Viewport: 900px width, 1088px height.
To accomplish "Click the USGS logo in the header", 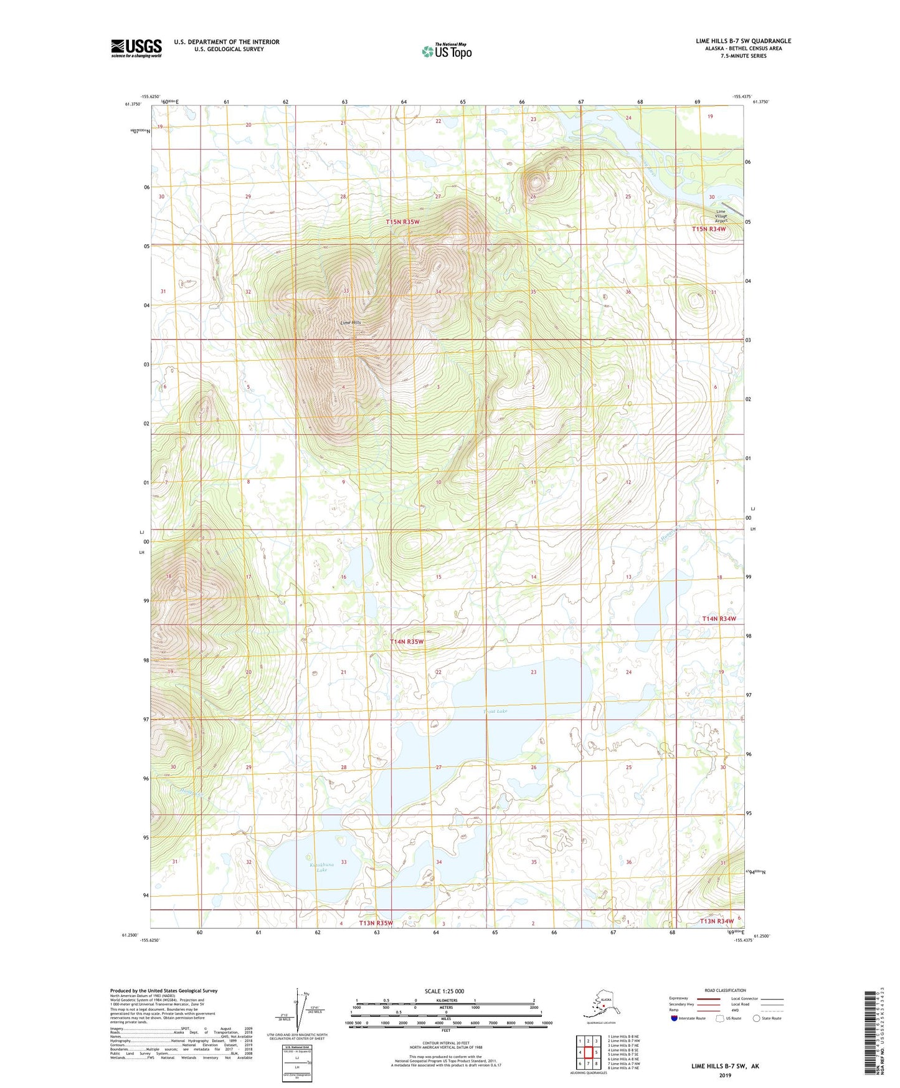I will pyautogui.click(x=136, y=48).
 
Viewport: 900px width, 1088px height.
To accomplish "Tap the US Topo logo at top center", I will pyautogui.click(x=447, y=50).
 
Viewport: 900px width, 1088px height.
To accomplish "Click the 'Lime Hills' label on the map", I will pyautogui.click(x=351, y=323).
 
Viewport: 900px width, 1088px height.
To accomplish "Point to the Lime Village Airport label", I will pyautogui.click(x=721, y=216).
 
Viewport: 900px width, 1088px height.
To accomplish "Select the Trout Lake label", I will pyautogui.click(x=496, y=711).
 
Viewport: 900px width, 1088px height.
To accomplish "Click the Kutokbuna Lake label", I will pyautogui.click(x=321, y=867).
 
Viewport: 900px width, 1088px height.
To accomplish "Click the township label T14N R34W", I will pyautogui.click(x=719, y=619).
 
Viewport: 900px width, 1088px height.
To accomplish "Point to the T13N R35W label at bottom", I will pyautogui.click(x=376, y=923).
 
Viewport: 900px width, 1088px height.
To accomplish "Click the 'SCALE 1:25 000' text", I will pyautogui.click(x=445, y=991).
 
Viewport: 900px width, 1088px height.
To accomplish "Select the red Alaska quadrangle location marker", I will pyautogui.click(x=603, y=1006).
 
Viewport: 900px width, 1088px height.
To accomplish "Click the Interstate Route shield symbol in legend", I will pyautogui.click(x=674, y=1018).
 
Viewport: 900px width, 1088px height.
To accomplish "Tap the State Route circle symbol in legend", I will pyautogui.click(x=756, y=1018).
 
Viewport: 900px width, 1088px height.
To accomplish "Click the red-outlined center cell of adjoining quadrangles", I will pyautogui.click(x=588, y=1052).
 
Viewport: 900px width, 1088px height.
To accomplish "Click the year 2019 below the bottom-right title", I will pyautogui.click(x=725, y=1076).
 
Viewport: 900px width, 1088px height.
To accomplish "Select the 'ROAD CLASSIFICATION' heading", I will pyautogui.click(x=725, y=990).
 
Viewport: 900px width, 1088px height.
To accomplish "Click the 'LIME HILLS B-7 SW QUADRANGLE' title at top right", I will pyautogui.click(x=743, y=41).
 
